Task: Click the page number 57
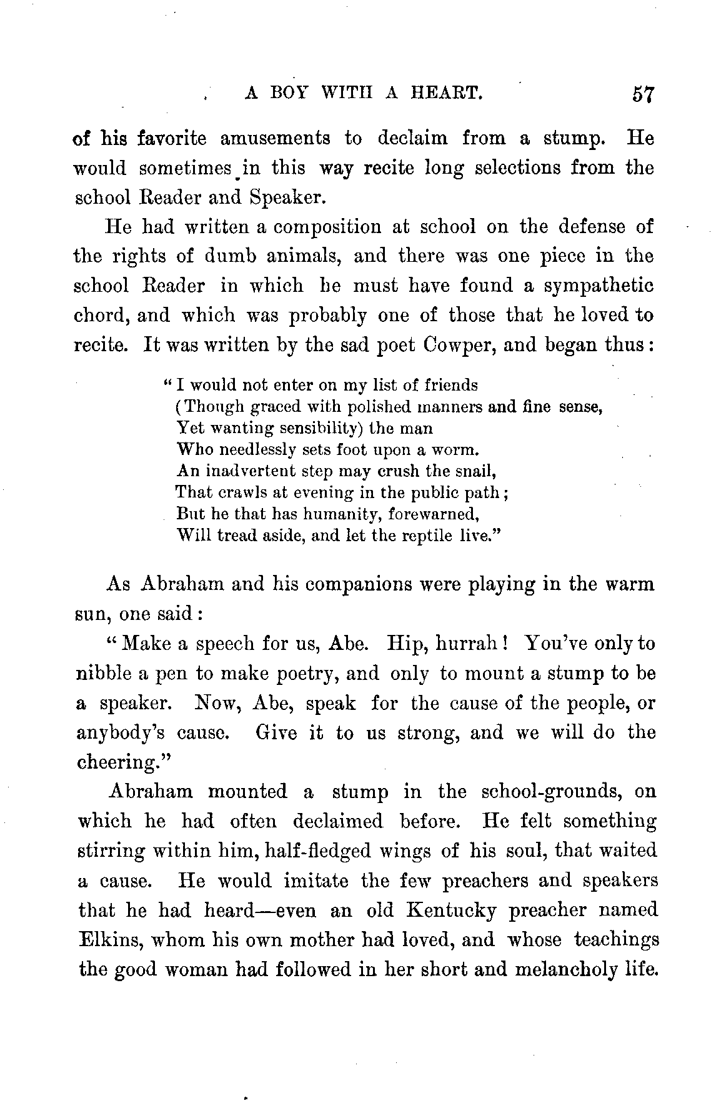tap(642, 94)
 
